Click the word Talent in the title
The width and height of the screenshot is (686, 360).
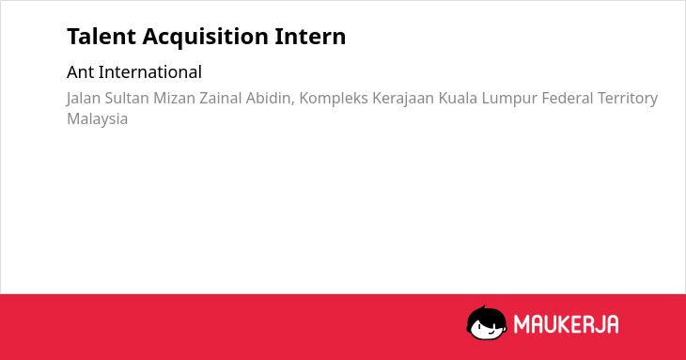(101, 37)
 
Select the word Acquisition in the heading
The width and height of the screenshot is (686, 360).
(205, 38)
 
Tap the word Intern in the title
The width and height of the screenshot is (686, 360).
(310, 37)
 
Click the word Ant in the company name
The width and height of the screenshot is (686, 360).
(80, 72)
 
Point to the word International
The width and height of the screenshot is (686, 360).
(150, 72)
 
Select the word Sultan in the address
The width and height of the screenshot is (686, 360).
(127, 98)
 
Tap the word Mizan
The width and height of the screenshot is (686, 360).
(174, 98)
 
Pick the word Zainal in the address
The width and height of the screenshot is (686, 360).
(221, 98)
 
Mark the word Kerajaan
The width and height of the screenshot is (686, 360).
(403, 99)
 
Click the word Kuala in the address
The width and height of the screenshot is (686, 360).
(458, 98)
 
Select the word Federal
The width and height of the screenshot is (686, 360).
(568, 98)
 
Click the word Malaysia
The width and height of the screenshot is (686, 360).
(98, 119)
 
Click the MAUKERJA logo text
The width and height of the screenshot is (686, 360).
(566, 324)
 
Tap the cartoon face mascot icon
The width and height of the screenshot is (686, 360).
(487, 322)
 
